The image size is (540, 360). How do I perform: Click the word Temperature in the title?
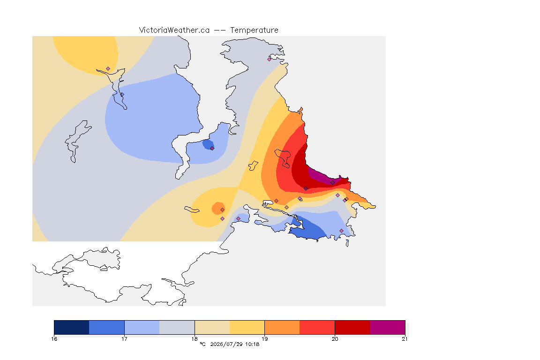click(254, 30)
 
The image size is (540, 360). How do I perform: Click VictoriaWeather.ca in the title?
click(174, 30)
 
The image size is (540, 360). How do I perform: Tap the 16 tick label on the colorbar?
click(54, 339)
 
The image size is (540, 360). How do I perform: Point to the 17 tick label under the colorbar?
click(124, 339)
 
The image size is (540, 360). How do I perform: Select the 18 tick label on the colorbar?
click(195, 339)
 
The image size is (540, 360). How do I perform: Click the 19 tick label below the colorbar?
click(264, 339)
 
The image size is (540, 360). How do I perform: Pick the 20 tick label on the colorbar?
click(335, 339)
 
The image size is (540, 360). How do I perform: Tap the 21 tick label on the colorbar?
click(405, 339)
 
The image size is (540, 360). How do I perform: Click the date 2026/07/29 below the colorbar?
click(226, 344)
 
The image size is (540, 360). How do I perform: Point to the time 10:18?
click(252, 344)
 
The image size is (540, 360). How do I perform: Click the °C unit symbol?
click(203, 344)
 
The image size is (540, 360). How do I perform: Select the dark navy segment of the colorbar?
click(72, 327)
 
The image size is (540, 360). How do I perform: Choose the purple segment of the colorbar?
click(388, 327)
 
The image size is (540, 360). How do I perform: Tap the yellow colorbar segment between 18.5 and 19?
click(247, 327)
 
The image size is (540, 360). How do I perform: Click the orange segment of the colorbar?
click(282, 327)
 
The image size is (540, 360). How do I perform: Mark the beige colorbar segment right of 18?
click(212, 327)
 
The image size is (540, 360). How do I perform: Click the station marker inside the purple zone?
click(332, 183)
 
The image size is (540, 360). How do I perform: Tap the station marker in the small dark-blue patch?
click(212, 149)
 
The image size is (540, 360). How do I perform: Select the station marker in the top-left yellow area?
click(108, 69)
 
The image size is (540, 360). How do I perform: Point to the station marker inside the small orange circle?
click(223, 210)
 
